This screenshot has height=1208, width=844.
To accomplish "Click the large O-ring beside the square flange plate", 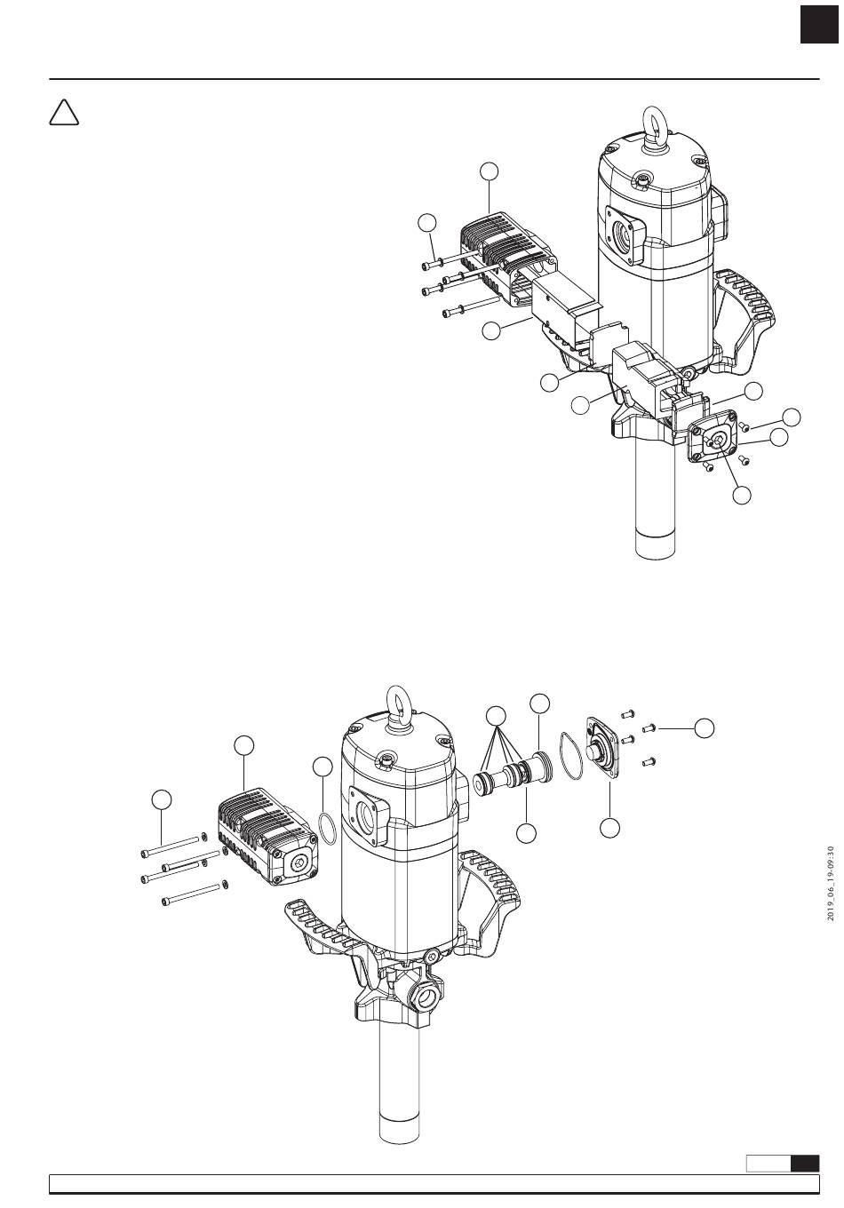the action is [570, 756].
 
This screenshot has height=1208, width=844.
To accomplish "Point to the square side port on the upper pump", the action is [625, 234].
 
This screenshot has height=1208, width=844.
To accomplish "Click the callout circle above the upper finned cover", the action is [489, 171].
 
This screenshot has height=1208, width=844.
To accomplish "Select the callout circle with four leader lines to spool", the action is [496, 715].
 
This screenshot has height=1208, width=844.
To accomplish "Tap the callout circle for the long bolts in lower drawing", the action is [162, 799].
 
